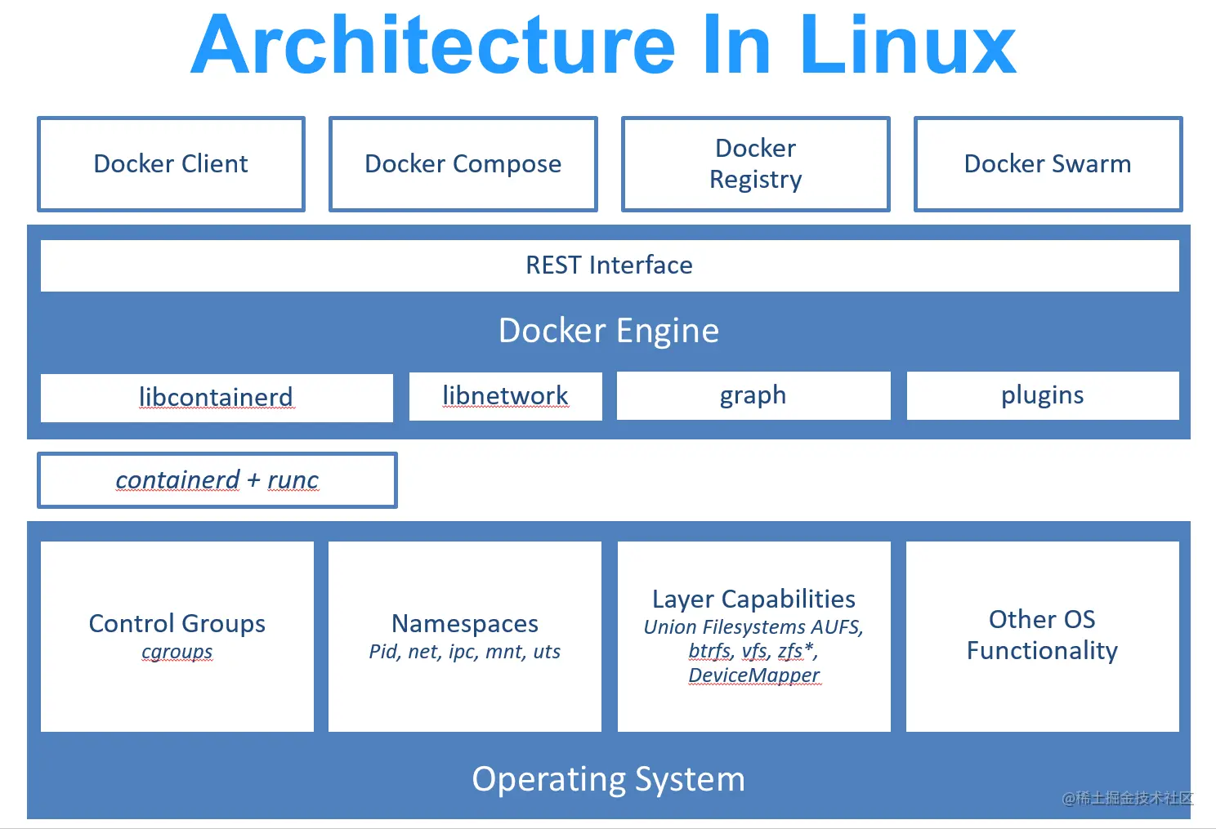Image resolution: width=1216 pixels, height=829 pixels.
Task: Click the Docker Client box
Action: (x=171, y=164)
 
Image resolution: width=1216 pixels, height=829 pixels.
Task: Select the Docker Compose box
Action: (x=463, y=164)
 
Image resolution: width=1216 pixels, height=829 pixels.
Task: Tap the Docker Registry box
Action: (x=755, y=164)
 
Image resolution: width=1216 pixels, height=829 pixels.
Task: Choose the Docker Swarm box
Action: (x=1048, y=164)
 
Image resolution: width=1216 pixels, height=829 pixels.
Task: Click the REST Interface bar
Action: (x=609, y=265)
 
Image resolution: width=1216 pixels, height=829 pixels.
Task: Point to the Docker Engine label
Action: (x=609, y=331)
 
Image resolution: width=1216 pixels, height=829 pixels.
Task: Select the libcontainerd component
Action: (x=217, y=398)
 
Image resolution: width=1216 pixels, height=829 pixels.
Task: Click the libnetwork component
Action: (x=505, y=396)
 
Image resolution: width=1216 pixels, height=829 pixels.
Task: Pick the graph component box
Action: (x=753, y=395)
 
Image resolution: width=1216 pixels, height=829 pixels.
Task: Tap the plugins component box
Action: (x=1042, y=395)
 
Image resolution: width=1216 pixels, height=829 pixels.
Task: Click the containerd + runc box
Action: (x=217, y=480)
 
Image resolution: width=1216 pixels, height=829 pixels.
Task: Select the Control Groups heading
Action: (x=177, y=623)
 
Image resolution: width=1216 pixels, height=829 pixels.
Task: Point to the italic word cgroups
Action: (x=177, y=652)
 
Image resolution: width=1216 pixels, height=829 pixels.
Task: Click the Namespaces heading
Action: (x=465, y=623)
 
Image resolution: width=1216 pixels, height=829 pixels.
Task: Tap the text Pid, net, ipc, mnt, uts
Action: (x=465, y=652)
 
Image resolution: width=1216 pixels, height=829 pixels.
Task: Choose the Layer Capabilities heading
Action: (x=753, y=599)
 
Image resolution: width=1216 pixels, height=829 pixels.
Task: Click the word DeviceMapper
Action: (x=753, y=675)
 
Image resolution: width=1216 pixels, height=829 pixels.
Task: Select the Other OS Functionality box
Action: (x=1042, y=635)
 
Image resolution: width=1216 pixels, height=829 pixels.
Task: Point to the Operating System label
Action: (x=609, y=779)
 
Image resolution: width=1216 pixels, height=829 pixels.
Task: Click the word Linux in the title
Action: (x=907, y=46)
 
